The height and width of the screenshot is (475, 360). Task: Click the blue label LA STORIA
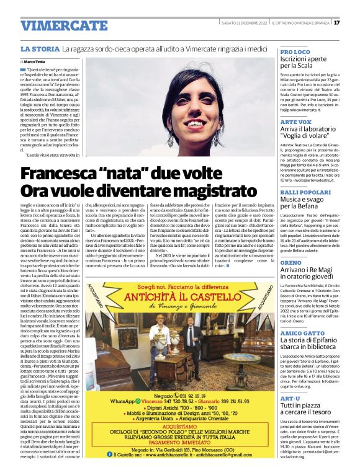pyautogui.click(x=40, y=48)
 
